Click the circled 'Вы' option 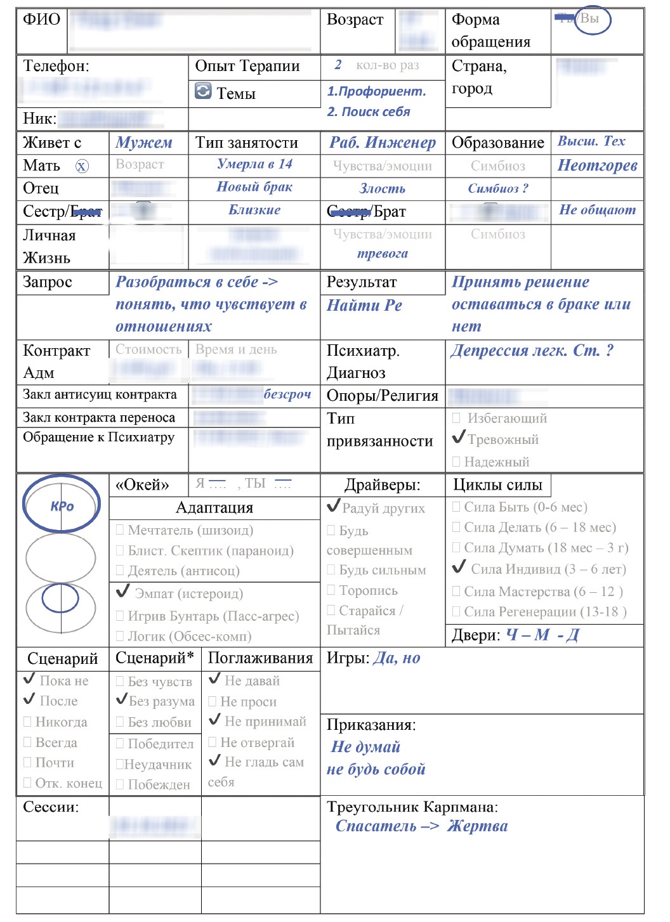[x=590, y=19]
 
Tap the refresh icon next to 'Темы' [x=203, y=92]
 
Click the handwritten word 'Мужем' [x=144, y=143]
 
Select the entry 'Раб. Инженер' [x=383, y=143]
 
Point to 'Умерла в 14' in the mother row [x=254, y=164]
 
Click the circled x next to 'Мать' [x=82, y=166]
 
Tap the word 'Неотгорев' [x=597, y=166]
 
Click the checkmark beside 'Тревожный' [x=459, y=438]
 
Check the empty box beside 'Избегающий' [x=456, y=419]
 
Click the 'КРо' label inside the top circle [x=62, y=506]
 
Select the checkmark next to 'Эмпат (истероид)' [x=123, y=592]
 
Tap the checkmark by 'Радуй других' [x=333, y=506]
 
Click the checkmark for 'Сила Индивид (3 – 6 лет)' [x=459, y=567]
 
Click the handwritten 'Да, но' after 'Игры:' [x=397, y=658]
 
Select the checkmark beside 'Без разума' [x=122, y=699]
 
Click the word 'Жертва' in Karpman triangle [x=477, y=826]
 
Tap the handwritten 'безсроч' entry [x=287, y=394]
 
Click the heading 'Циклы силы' [x=497, y=485]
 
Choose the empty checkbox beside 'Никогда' [x=27, y=722]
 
